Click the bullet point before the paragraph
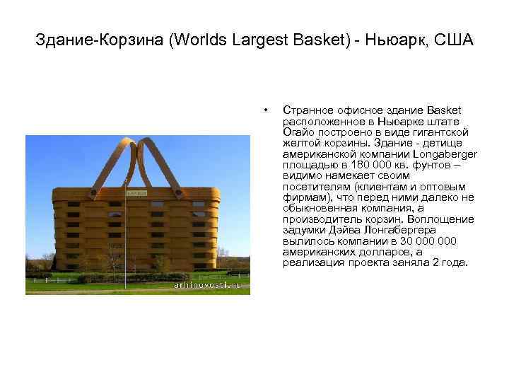click(264, 110)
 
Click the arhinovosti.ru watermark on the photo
click(208, 284)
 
